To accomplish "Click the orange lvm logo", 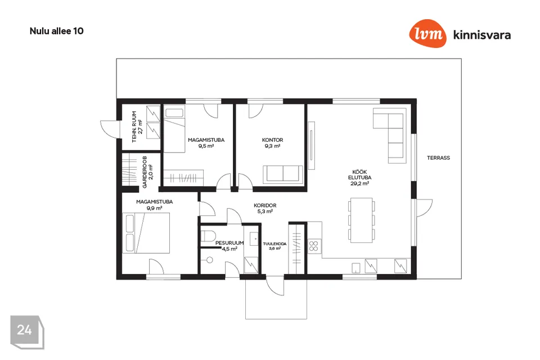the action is tap(427, 33).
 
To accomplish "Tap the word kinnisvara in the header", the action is tap(482, 35).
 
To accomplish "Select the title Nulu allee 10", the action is tap(56, 31).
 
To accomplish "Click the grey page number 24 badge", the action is tap(27, 332).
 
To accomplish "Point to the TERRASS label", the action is tap(438, 157).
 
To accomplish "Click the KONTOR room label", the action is tap(272, 140).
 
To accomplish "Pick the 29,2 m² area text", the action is tap(359, 183).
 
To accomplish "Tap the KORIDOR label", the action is tap(265, 205).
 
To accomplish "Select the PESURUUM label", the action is tap(229, 243).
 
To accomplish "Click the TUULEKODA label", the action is tap(274, 244).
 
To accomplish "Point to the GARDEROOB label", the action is tap(145, 172).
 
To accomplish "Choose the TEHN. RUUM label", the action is tap(134, 127).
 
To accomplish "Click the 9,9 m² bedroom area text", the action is tap(154, 208).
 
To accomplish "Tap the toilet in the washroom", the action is tap(208, 236).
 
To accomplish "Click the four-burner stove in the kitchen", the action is tap(314, 246).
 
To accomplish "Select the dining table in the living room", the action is tap(361, 220).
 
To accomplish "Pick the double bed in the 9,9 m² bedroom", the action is tap(146, 233).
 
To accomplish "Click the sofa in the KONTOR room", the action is tap(283, 174).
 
